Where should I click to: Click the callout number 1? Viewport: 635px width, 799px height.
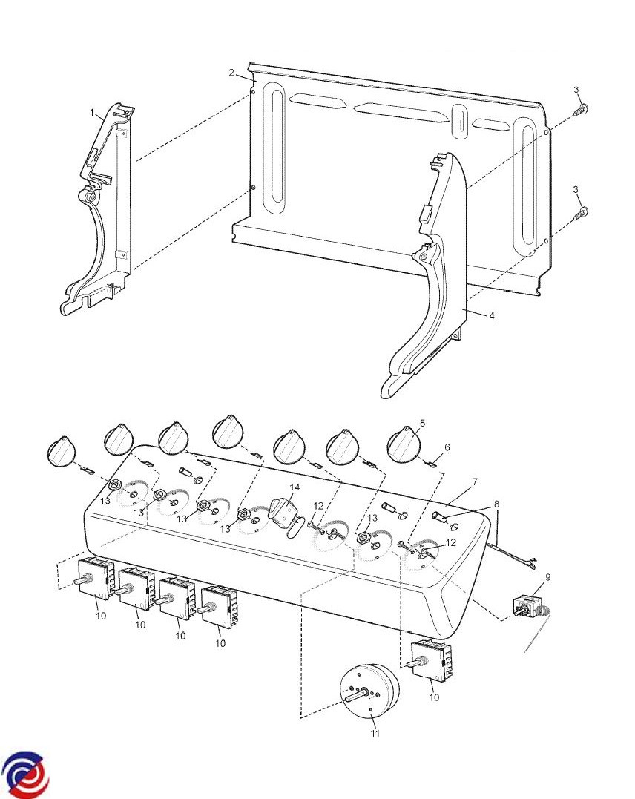point(93,113)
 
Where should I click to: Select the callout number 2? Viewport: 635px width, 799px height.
point(231,72)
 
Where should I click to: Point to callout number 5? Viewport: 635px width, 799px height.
point(422,423)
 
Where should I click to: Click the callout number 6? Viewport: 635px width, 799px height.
point(447,447)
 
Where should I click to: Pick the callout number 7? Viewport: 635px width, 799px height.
point(474,482)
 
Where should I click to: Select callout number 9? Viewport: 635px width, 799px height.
point(548,576)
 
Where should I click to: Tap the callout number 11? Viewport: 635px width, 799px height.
point(375,734)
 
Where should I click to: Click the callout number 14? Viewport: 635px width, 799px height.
point(295,487)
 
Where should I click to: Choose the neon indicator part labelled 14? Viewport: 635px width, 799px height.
point(282,512)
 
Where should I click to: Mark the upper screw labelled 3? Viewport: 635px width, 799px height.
point(582,111)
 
